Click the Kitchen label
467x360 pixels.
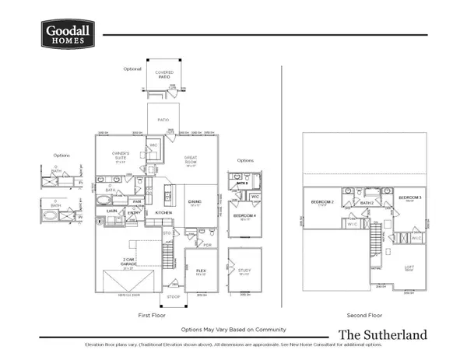(x=163, y=211)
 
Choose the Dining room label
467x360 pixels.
(x=195, y=202)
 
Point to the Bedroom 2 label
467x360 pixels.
(x=322, y=201)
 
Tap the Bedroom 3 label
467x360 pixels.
(x=409, y=198)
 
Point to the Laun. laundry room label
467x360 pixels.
(x=111, y=211)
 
